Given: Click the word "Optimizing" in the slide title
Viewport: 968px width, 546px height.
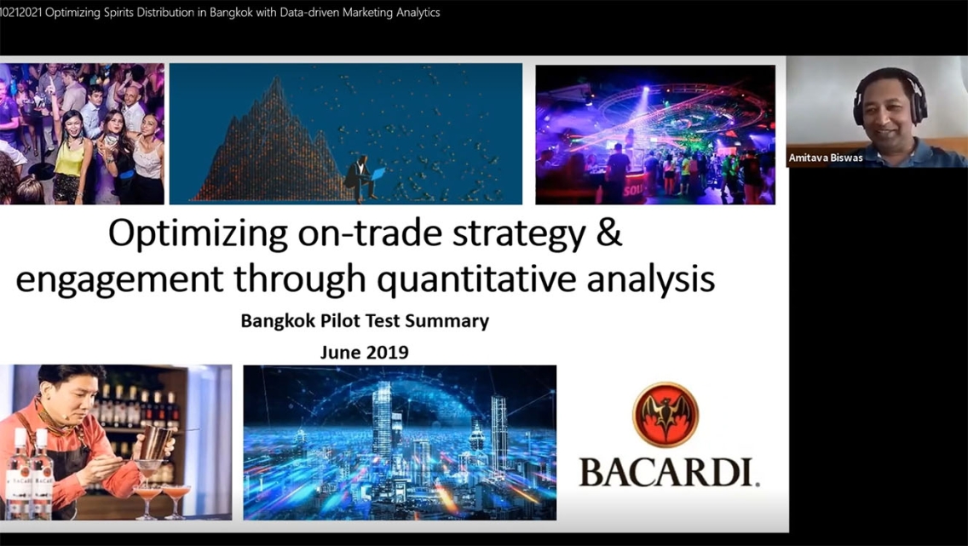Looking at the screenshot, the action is (198, 234).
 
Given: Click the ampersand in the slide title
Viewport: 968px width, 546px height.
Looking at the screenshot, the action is (609, 233).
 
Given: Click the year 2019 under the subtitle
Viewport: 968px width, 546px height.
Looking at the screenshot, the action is (388, 353).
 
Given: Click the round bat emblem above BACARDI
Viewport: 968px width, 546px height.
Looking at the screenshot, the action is (665, 415).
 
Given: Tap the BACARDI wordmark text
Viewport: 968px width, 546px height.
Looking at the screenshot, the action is (669, 472).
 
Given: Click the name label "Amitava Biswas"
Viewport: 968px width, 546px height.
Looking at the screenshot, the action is (826, 158).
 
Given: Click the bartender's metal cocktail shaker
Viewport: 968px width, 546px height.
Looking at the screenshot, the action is (156, 442).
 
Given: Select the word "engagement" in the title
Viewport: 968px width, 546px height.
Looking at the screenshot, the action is (119, 281).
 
